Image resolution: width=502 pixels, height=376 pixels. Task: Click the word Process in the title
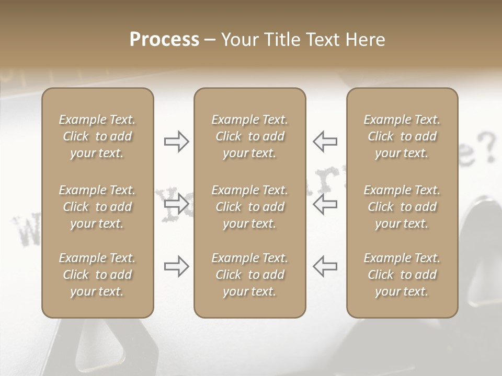click(164, 40)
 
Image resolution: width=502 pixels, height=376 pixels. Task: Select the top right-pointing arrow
click(177, 142)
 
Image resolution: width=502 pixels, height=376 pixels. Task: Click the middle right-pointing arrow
click(177, 204)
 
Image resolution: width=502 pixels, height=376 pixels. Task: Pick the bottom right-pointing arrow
click(177, 266)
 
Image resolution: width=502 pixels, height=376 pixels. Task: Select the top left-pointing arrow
click(325, 142)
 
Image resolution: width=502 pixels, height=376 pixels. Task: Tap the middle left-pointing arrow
click(325, 204)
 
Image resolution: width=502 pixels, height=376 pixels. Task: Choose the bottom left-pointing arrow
click(325, 266)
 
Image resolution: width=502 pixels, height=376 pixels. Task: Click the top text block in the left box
click(97, 136)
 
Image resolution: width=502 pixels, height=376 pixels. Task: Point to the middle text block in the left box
click(97, 207)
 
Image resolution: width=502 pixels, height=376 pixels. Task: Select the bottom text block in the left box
click(97, 275)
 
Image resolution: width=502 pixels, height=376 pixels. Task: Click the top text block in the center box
click(249, 136)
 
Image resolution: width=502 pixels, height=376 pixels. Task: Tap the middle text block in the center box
click(249, 207)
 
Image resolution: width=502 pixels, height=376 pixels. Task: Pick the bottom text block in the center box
click(249, 275)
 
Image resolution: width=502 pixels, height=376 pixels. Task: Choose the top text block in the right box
click(402, 136)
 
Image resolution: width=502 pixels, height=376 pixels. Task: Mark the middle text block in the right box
click(402, 207)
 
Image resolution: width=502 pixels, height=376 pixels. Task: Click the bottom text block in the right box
click(402, 275)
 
